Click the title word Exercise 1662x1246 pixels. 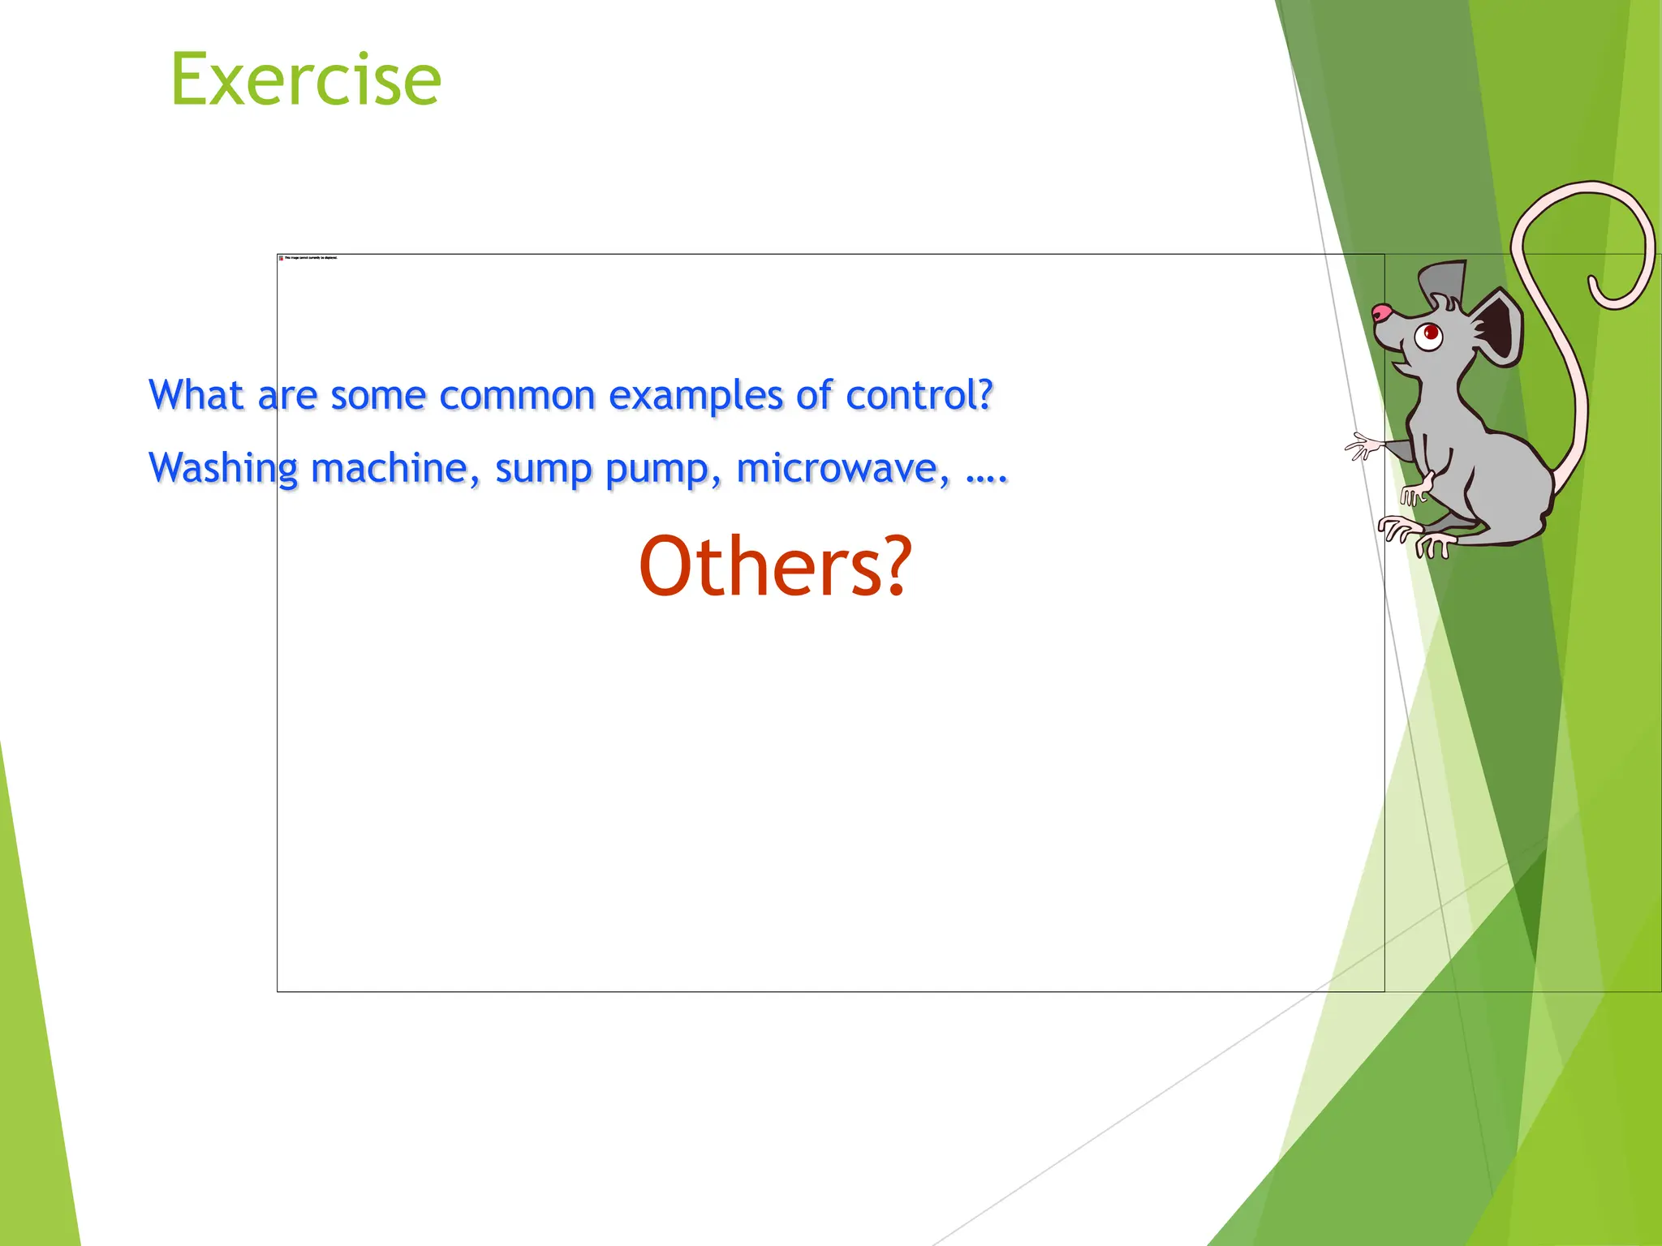point(306,79)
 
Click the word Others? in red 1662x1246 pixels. point(775,567)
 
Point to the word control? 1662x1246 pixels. point(919,396)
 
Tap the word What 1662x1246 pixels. point(196,395)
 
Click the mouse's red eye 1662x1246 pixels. point(1430,333)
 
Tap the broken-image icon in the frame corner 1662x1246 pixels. point(281,258)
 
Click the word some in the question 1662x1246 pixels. point(378,396)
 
